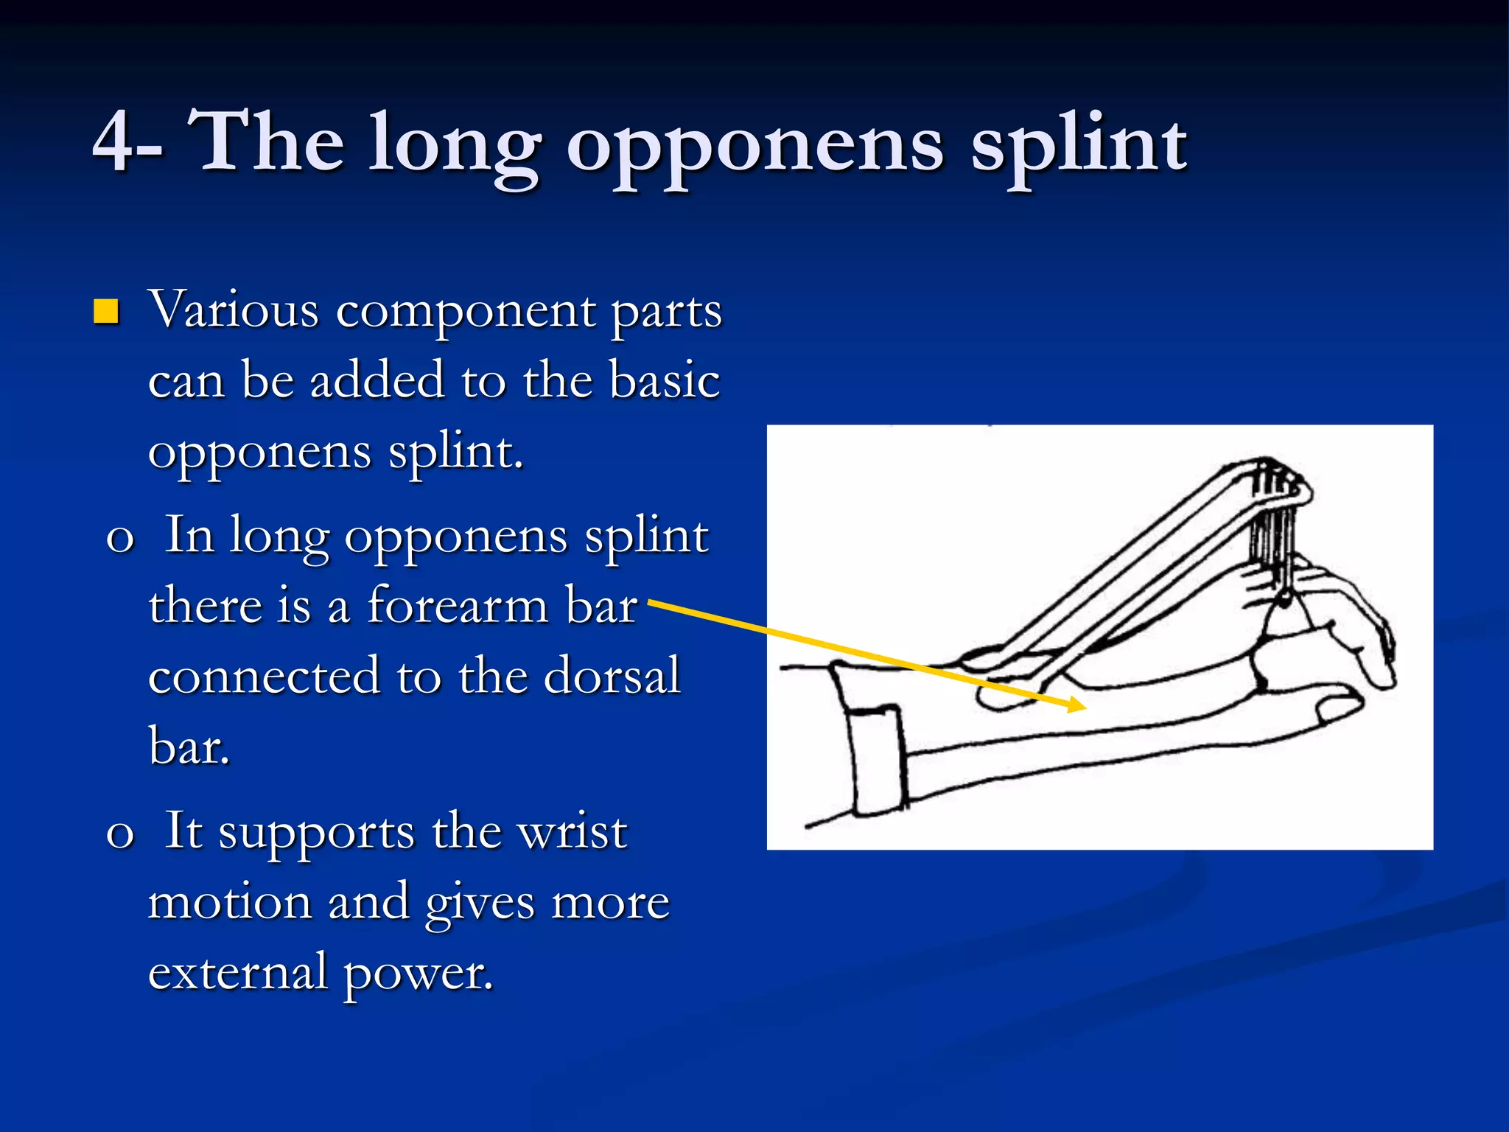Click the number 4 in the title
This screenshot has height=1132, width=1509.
coord(116,141)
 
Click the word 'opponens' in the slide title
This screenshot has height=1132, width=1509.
coord(754,147)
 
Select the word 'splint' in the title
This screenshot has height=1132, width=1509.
coord(1077,144)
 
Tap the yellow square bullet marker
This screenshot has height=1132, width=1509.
coord(107,312)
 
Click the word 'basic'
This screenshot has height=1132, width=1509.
coord(665,381)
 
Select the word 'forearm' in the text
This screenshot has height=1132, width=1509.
coord(457,606)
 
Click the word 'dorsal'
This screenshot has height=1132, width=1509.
coord(612,676)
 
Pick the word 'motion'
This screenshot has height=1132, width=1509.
coord(230,902)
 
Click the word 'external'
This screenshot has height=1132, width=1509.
coord(237,973)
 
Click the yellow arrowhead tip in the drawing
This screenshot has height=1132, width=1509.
coord(1084,706)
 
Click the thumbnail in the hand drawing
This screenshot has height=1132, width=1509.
coord(1337,708)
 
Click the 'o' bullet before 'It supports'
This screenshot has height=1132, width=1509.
coord(120,834)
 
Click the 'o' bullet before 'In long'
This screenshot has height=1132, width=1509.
coord(120,538)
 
